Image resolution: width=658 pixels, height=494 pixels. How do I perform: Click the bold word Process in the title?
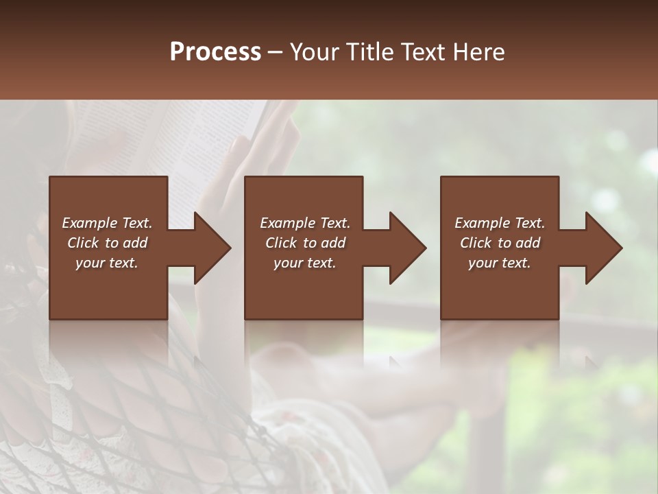[x=215, y=52]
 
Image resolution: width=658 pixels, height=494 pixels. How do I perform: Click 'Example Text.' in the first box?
[x=107, y=223]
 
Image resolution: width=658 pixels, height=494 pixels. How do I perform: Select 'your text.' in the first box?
[x=107, y=263]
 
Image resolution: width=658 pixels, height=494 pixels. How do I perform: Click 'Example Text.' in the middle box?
[x=304, y=223]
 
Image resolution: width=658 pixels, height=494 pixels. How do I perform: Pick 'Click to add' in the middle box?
[x=304, y=243]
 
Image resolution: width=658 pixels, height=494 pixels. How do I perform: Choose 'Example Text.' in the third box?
[x=500, y=223]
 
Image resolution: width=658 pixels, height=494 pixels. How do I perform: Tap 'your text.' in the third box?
[x=500, y=263]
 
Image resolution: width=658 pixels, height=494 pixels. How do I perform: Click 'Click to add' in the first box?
[x=107, y=243]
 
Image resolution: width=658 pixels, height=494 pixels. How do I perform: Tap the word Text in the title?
[x=419, y=52]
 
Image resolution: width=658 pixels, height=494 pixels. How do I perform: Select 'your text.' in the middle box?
[x=304, y=263]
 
